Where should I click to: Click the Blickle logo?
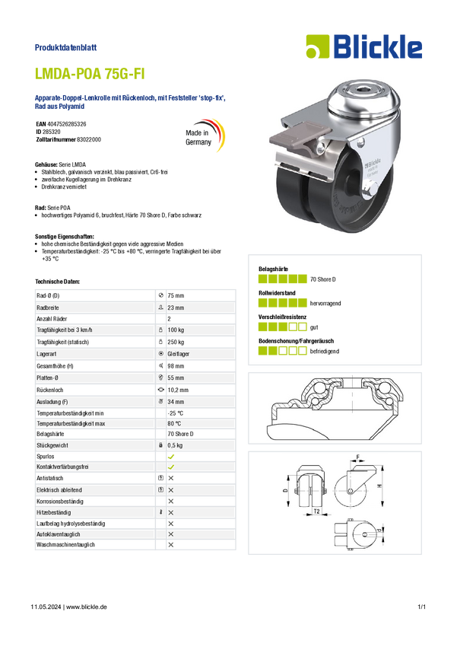364,46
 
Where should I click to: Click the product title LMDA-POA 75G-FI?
90,74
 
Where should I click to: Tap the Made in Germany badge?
205,135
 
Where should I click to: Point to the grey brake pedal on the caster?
300,138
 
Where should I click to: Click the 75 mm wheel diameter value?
176,296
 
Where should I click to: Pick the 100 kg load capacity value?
176,330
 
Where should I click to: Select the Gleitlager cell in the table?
179,354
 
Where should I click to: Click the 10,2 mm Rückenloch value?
178,390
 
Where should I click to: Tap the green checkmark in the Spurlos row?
171,457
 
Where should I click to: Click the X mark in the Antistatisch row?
171,478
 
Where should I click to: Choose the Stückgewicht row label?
52,445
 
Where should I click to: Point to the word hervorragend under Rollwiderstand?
325,303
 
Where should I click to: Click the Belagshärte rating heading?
273,269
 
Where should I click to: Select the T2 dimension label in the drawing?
316,512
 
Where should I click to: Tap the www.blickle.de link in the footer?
87,607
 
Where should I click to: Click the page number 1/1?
421,607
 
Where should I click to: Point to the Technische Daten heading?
57,282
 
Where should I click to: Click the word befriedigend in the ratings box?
325,352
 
